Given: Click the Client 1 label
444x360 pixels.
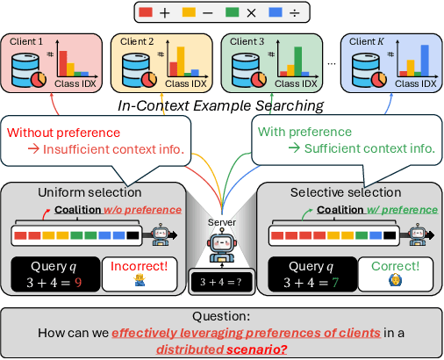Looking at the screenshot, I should click(x=27, y=41).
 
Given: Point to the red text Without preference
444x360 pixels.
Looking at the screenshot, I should click(x=63, y=133).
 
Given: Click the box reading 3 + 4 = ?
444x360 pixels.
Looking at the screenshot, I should click(x=222, y=284).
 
